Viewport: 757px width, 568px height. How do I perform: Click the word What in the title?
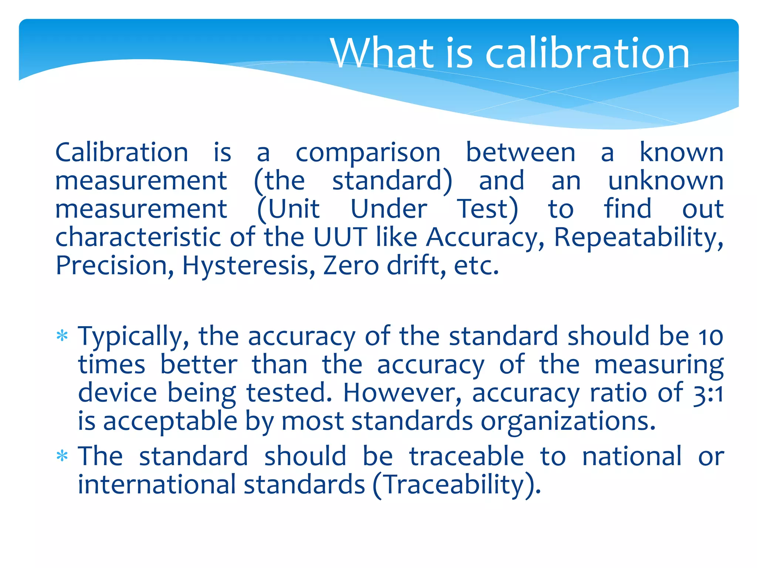tap(382, 53)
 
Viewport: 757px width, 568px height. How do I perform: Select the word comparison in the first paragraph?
tap(368, 153)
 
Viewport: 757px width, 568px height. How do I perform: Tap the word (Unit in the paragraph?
tap(288, 209)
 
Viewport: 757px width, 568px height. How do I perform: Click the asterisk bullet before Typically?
tap(62, 336)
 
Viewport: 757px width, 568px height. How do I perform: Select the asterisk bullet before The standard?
tap(62, 456)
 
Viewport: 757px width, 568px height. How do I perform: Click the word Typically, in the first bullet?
tap(133, 337)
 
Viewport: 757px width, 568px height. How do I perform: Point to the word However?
tap(403, 393)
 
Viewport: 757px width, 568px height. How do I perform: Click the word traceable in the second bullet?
tap(466, 456)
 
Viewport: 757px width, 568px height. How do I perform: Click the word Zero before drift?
tap(351, 266)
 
